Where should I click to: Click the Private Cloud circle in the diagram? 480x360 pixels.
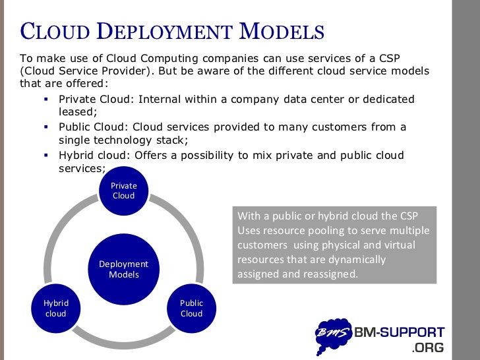[123, 191]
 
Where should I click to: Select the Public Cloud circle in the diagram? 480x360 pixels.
[191, 308]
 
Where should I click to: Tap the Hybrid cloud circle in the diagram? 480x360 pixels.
[55, 308]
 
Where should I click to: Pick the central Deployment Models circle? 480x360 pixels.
[123, 269]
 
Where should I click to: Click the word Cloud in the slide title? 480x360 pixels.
[57, 31]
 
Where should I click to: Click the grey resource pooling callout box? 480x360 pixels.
[334, 245]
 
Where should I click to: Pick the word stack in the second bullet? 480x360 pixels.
[172, 140]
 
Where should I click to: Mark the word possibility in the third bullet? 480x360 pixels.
[216, 155]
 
